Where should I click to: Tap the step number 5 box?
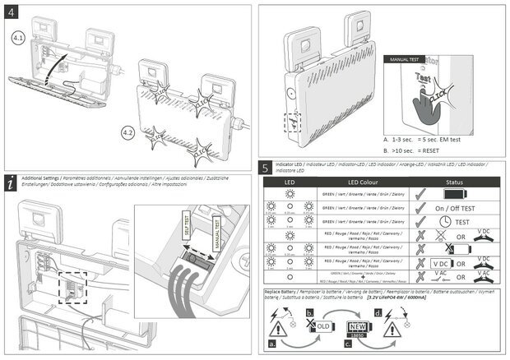[x=266, y=168]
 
